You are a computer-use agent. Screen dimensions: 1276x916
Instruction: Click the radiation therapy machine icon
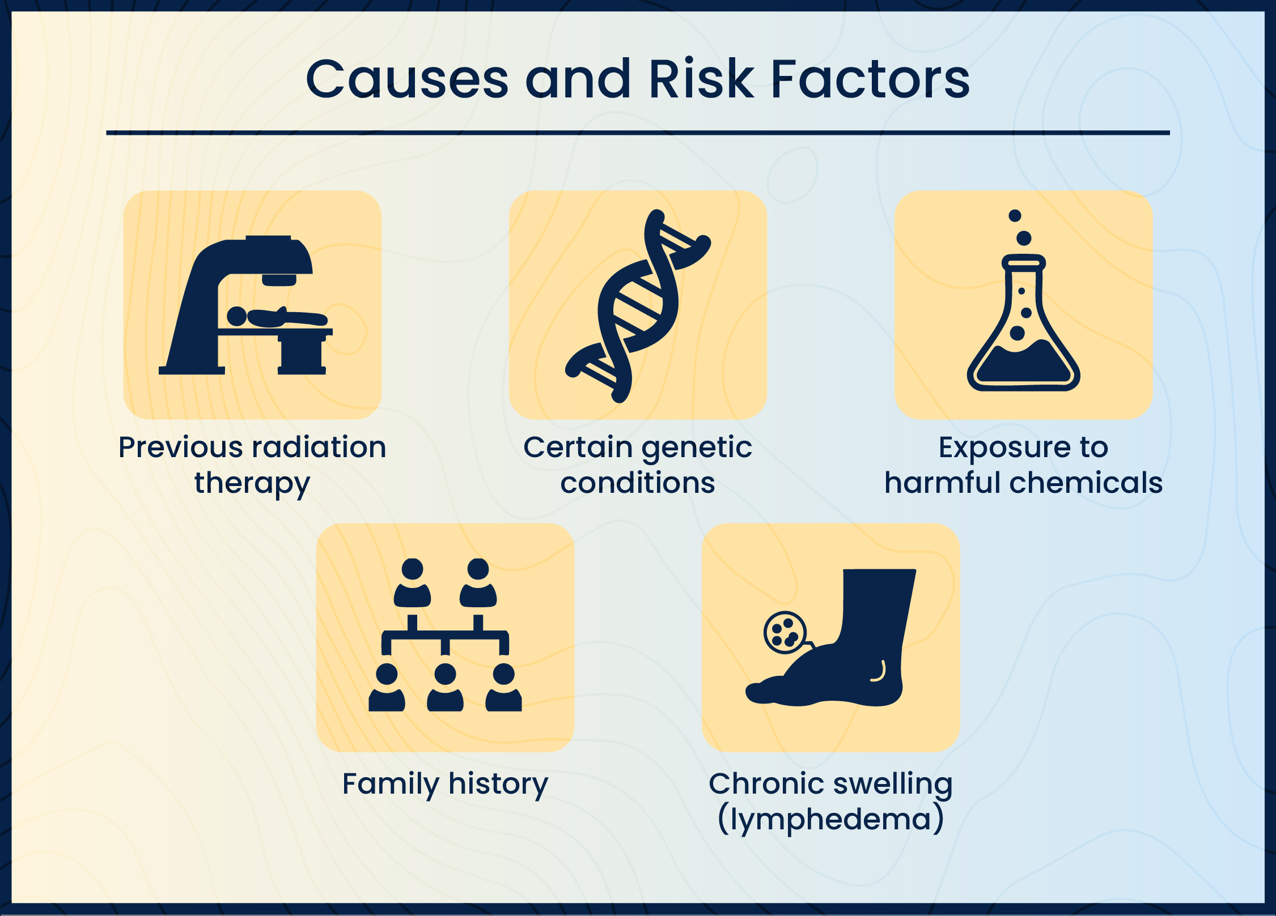point(245,305)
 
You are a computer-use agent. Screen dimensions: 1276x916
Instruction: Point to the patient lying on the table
point(277,317)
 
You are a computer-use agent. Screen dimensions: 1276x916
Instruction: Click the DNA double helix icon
point(638,306)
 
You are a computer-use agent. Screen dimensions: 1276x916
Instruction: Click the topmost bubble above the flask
point(1015,215)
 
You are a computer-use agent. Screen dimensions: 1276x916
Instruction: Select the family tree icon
point(445,634)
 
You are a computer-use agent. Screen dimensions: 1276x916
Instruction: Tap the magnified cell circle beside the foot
point(785,633)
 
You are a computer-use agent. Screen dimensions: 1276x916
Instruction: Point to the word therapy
point(252,484)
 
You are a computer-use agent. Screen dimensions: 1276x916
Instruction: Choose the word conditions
point(638,483)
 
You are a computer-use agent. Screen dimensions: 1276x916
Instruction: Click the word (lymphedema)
point(830,820)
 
